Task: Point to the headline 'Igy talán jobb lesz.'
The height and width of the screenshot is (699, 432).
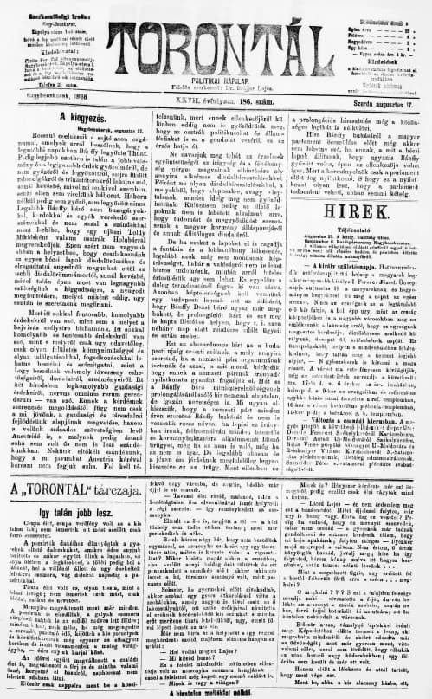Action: pyautogui.click(x=68, y=512)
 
